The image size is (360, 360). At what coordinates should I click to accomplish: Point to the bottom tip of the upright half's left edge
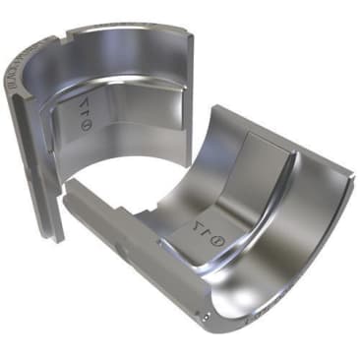coord(60,239)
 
